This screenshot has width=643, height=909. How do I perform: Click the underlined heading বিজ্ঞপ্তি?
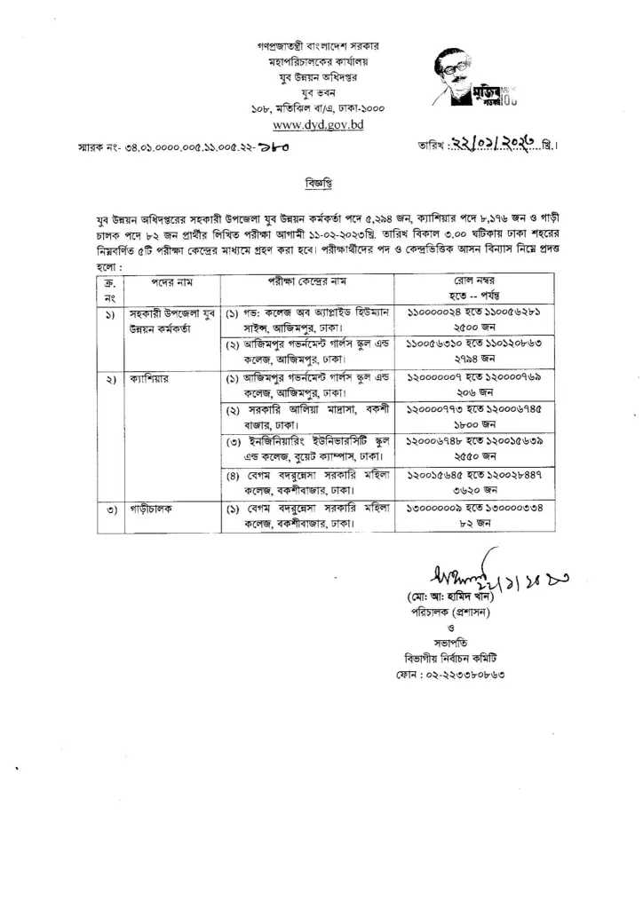[321, 188]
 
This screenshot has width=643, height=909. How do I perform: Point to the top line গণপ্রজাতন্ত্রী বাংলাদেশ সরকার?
[321, 46]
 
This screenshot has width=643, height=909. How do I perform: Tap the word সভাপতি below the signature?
[444, 641]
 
